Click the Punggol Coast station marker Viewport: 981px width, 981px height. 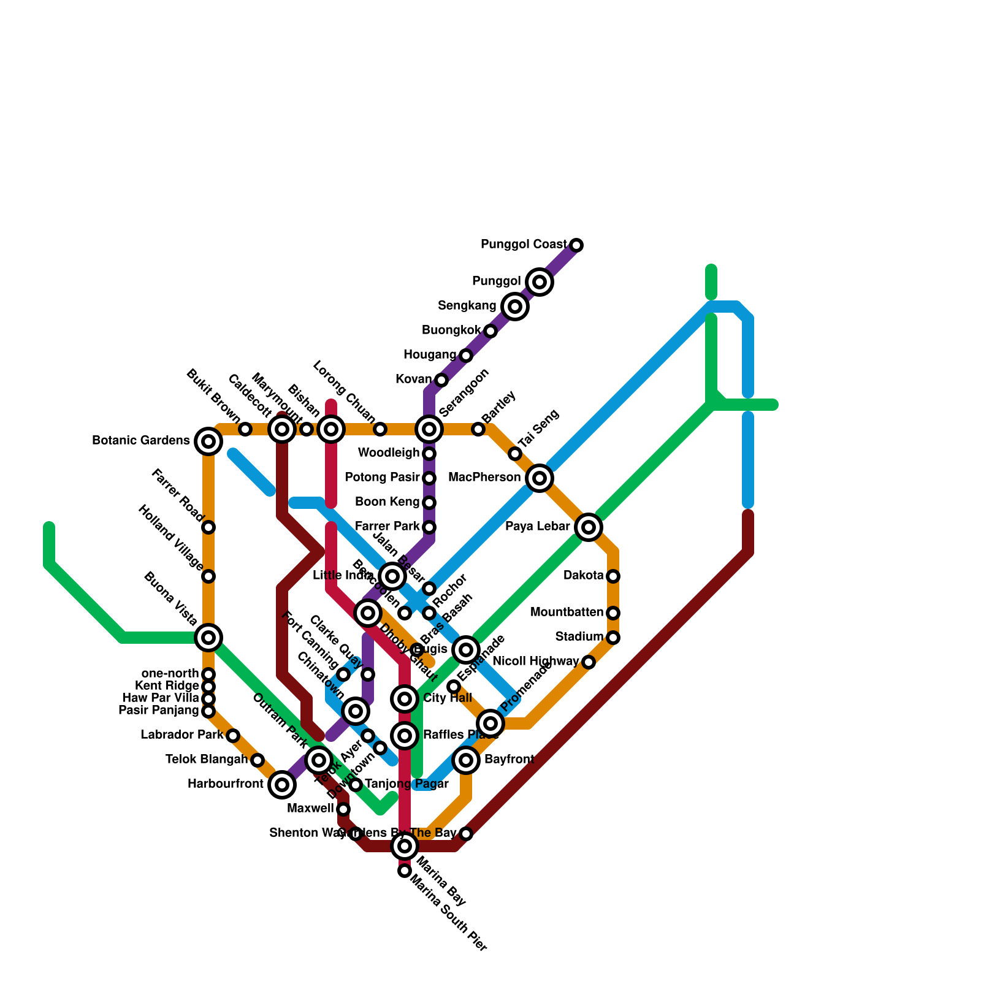(576, 245)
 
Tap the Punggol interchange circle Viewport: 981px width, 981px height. (540, 282)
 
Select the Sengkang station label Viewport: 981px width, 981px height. (467, 306)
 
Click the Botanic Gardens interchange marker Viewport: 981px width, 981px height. (208, 441)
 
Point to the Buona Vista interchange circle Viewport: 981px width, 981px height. (208, 638)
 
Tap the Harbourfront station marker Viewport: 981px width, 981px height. (281, 784)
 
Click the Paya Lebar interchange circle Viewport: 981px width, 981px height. (589, 527)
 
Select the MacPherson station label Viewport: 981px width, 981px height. (484, 478)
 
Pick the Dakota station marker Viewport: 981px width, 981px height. (613, 576)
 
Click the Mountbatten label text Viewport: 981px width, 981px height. (567, 613)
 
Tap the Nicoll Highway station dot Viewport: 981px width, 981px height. (589, 662)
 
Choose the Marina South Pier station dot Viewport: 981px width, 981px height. (404, 871)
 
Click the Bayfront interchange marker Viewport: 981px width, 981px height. (466, 760)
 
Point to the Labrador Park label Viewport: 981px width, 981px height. (181, 735)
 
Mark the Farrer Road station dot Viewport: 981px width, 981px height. (208, 527)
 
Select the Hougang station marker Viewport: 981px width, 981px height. (466, 356)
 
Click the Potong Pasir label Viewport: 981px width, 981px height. (382, 478)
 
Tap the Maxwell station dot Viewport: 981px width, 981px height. (343, 809)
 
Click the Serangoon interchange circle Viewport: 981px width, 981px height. (429, 429)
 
